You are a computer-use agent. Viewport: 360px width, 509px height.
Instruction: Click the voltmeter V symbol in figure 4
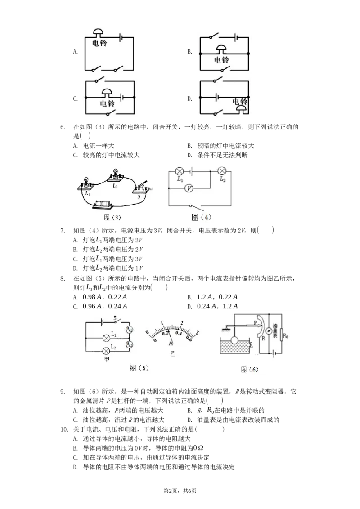click(189, 188)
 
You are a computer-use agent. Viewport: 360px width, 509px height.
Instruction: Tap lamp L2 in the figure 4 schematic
click(222, 171)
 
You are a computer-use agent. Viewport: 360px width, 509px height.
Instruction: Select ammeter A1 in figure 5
click(129, 330)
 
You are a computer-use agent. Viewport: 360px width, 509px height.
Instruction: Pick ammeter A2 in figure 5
click(129, 344)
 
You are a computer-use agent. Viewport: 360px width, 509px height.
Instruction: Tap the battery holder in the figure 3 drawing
click(103, 205)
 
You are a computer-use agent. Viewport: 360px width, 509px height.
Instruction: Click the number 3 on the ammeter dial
click(197, 333)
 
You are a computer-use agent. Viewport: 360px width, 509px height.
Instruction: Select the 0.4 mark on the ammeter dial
click(179, 333)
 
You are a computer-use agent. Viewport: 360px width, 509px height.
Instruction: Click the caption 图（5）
click(139, 368)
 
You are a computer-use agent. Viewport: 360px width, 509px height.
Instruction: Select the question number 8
click(63, 278)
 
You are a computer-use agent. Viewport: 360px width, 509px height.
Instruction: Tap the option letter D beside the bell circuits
click(190, 98)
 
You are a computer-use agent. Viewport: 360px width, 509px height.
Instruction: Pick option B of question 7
click(108, 249)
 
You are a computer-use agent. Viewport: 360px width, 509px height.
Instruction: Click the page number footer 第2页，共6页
click(180, 491)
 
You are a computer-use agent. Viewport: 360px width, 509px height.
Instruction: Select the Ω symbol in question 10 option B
click(200, 448)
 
